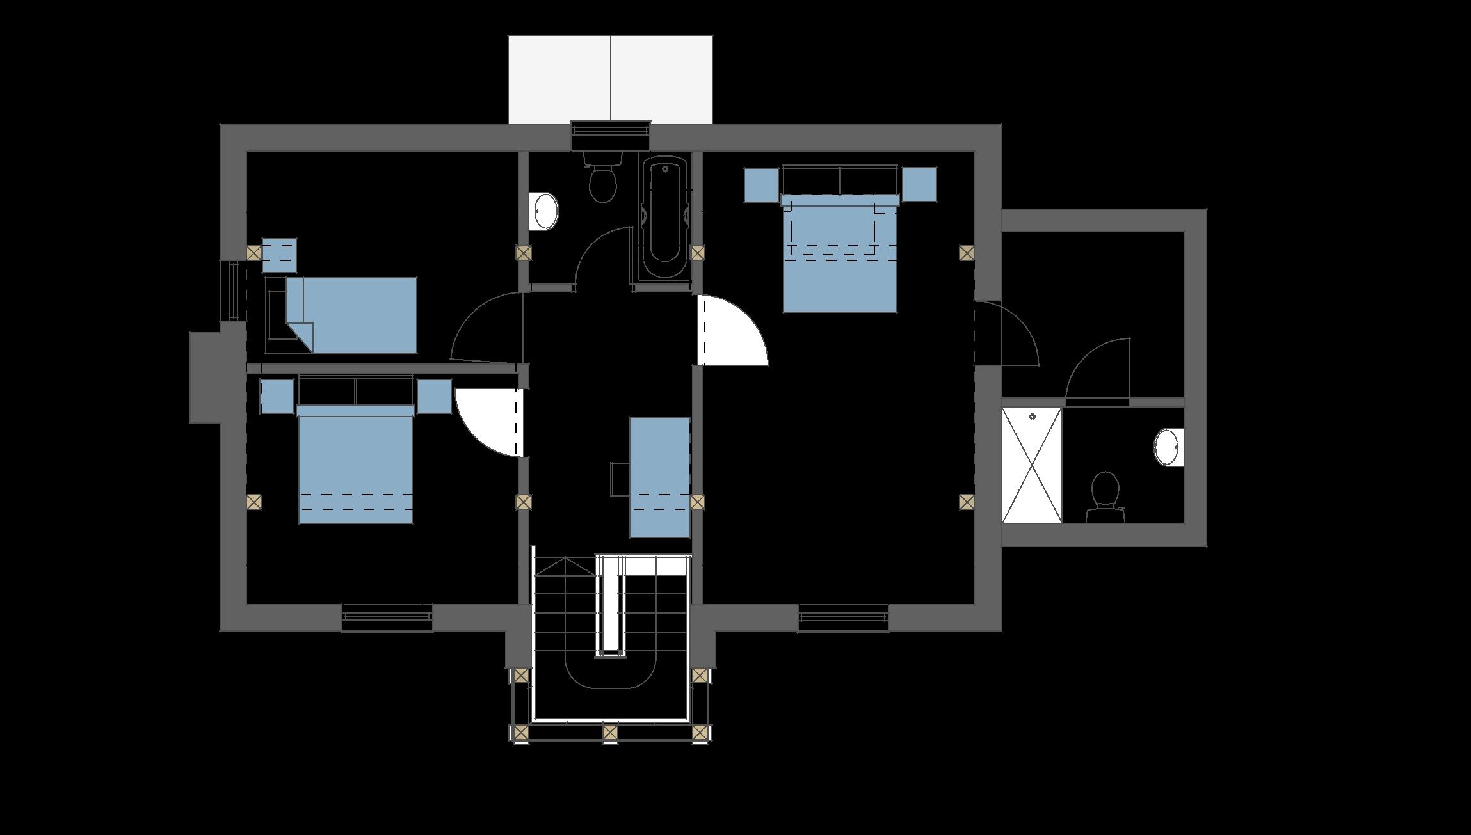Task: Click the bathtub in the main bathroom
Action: coord(665,218)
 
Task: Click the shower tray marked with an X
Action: coord(1032,465)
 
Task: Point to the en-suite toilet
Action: coord(1105,496)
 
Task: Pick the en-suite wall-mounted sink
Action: coord(1168,447)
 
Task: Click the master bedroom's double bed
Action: coord(840,256)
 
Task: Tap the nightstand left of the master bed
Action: coord(762,185)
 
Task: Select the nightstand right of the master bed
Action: coord(919,185)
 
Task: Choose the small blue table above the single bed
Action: coord(280,255)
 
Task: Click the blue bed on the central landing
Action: coord(660,477)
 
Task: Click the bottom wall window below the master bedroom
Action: coord(843,618)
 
